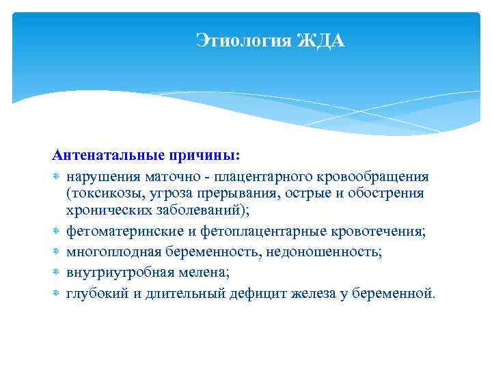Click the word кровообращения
coord(374,177)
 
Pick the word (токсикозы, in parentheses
coord(101,194)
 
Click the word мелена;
coord(202,273)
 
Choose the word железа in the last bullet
coord(315,294)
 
